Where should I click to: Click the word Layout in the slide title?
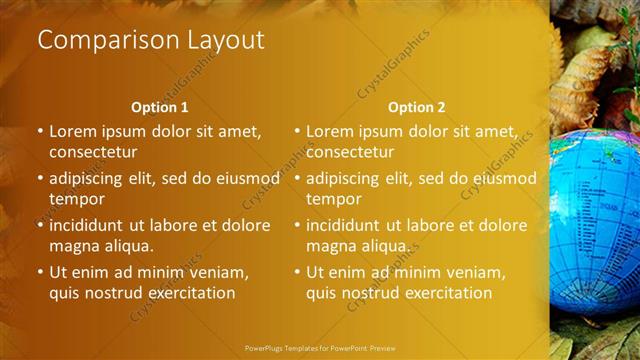point(224,41)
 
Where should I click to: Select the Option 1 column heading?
point(160,107)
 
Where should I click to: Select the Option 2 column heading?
point(417,107)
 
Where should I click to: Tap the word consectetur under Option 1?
point(92,153)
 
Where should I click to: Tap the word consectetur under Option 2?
point(349,153)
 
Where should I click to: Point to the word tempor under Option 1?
point(77,199)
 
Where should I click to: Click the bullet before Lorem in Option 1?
point(40,131)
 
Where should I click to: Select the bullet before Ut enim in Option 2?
point(297,271)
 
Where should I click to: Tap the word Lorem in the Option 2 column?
point(330,131)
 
